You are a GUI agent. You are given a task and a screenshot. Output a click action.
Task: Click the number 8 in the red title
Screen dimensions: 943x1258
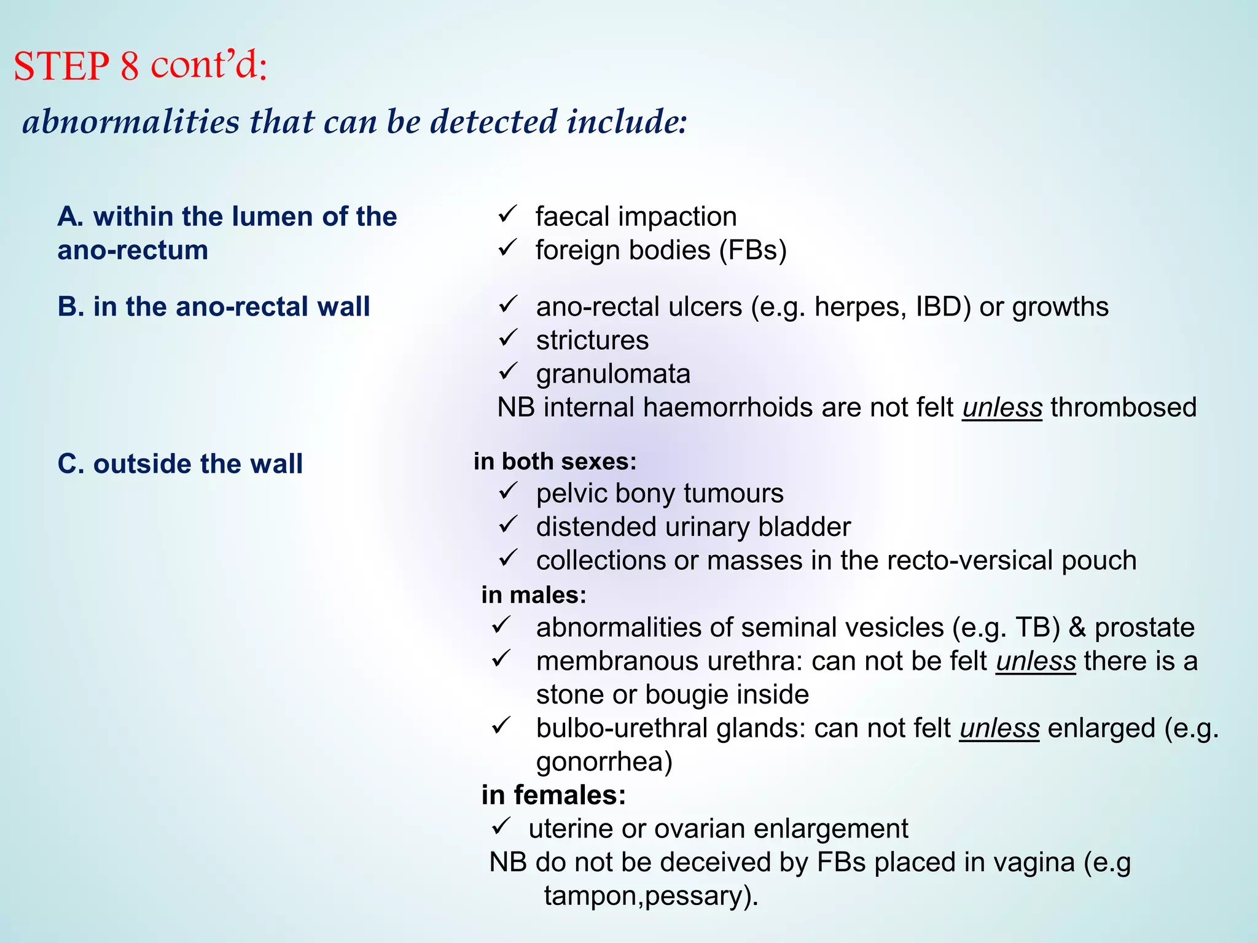pos(130,66)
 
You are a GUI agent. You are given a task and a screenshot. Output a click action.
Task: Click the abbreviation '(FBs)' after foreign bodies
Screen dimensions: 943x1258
pos(752,250)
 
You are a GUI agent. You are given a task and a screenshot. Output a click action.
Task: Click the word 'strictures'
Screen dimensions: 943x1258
pos(592,341)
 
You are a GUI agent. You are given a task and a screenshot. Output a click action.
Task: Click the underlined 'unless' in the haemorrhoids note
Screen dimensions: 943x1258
pos(1002,408)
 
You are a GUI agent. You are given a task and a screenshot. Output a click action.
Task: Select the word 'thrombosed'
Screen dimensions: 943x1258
pos(1123,408)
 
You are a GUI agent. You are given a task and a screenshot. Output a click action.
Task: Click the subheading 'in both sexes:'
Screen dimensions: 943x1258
pos(555,462)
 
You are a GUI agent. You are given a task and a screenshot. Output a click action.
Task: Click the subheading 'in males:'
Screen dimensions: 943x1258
pos(534,595)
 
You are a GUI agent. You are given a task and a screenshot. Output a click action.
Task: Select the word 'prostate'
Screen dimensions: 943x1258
pos(1144,628)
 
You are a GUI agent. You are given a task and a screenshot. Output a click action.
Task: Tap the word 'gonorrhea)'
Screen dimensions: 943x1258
pos(604,762)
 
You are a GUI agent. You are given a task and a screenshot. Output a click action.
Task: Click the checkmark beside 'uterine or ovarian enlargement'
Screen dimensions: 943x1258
pos(501,826)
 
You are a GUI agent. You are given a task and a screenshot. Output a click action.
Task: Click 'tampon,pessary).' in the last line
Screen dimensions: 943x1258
pos(651,896)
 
